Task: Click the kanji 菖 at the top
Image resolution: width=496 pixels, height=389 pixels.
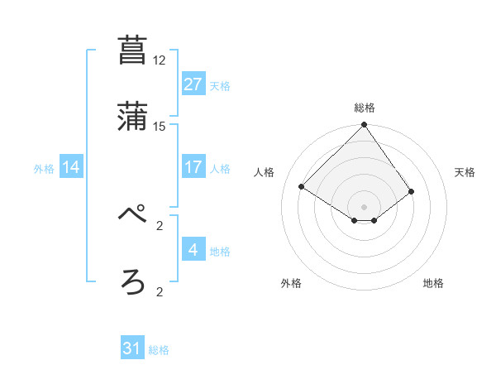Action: click(x=133, y=50)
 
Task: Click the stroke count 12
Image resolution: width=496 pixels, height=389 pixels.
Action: click(x=159, y=60)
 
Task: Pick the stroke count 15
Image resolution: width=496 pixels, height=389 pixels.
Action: click(x=159, y=127)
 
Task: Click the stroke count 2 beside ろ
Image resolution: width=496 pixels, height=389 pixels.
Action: click(x=159, y=292)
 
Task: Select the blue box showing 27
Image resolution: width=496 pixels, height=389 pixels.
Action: click(x=193, y=84)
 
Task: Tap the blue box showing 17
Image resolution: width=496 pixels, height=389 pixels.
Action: click(x=193, y=167)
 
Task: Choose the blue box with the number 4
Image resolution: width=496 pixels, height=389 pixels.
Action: click(x=193, y=250)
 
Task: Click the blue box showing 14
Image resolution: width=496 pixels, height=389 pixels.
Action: click(x=71, y=167)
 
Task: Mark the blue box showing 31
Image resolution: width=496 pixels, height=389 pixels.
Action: click(x=132, y=348)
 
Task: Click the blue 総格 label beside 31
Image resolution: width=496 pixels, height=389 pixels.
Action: click(x=159, y=350)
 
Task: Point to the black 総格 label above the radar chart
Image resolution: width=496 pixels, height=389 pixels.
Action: click(x=365, y=108)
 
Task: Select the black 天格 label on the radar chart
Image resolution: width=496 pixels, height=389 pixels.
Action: click(x=465, y=172)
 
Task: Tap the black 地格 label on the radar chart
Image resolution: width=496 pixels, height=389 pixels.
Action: click(x=433, y=283)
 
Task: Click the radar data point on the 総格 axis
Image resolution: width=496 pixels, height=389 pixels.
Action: click(x=365, y=126)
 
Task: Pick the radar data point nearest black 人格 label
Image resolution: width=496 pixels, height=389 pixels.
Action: click(x=303, y=187)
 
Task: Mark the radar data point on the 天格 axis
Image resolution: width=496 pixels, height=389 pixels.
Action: click(x=412, y=191)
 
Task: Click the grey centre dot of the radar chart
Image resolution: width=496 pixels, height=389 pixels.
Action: click(x=365, y=206)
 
